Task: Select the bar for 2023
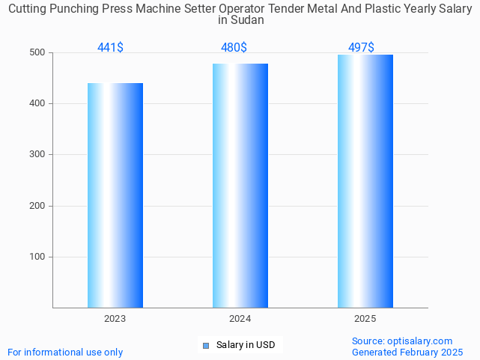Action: [115, 195]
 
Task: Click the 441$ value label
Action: [110, 48]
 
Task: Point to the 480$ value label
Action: [234, 48]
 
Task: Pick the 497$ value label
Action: [361, 48]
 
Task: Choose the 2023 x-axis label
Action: [115, 319]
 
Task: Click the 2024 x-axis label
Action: [240, 319]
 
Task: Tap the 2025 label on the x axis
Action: [365, 319]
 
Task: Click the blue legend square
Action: [207, 345]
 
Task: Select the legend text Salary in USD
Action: [246, 345]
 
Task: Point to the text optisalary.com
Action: [420, 341]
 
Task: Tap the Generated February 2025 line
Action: [407, 353]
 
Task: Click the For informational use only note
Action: [65, 353]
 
